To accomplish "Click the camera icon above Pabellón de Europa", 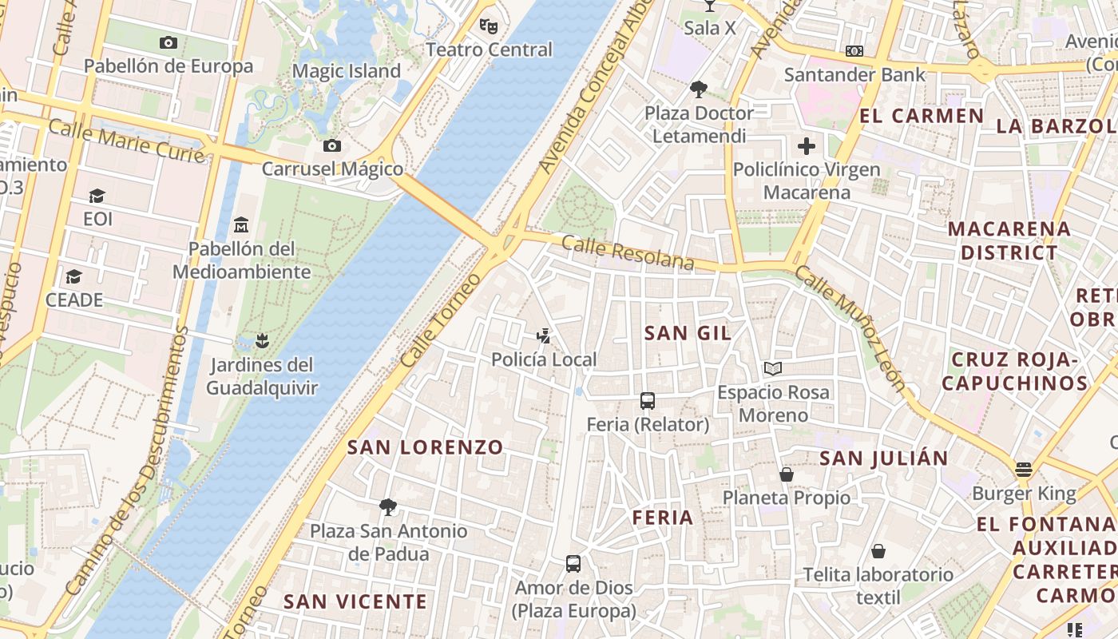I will (168, 43).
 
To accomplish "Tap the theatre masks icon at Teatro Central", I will (489, 26).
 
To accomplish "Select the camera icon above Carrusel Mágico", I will (332, 145).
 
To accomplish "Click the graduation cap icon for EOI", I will (97, 196).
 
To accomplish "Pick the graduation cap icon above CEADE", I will (74, 276).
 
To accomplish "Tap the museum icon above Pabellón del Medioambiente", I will (241, 225).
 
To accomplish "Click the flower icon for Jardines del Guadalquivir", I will (261, 342).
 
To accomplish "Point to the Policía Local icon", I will (544, 336).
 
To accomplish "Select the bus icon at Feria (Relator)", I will (647, 401).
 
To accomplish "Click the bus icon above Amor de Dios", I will (573, 564).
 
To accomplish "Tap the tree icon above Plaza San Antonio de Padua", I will (388, 506).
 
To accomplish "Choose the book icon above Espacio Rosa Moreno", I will (772, 368).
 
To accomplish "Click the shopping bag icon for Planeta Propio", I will (787, 474).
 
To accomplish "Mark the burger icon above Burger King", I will (1024, 470).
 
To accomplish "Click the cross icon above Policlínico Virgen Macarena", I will (807, 146).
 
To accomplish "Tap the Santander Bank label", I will (854, 75).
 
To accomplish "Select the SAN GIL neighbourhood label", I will (688, 333).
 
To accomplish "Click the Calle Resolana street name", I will (628, 252).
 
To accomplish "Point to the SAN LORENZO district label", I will (426, 447).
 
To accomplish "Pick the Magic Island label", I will (346, 71).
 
